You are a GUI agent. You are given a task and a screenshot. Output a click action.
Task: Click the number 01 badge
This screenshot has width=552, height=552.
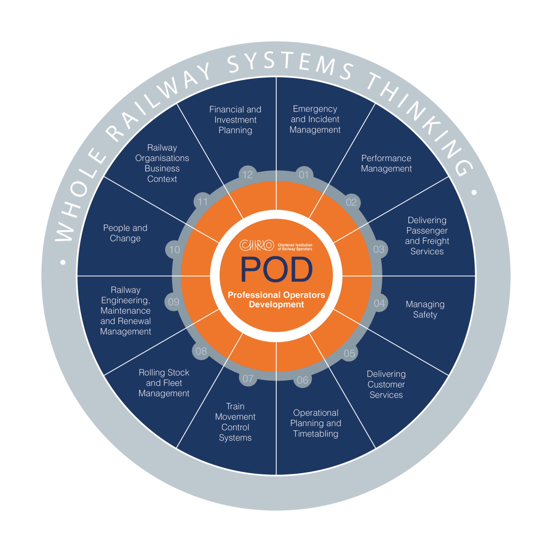[x=304, y=175]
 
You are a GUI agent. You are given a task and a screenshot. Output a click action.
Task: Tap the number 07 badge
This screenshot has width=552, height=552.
[x=248, y=378]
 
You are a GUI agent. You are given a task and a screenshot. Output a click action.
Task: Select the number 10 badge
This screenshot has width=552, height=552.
[x=174, y=249]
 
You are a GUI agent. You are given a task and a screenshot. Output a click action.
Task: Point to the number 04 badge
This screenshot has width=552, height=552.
[x=379, y=303]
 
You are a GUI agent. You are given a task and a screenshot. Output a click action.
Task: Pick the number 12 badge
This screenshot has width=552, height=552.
[x=248, y=175]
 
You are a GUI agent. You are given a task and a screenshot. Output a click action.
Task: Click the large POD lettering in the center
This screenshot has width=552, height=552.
[x=276, y=269]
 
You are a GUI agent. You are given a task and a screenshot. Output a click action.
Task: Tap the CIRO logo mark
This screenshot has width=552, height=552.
[x=257, y=245]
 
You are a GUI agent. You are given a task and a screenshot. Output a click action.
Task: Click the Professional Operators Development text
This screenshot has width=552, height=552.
[x=276, y=300]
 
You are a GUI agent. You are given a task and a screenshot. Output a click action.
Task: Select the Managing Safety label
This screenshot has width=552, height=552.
[x=425, y=309]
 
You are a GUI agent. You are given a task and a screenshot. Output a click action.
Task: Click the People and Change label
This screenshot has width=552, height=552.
[x=125, y=233]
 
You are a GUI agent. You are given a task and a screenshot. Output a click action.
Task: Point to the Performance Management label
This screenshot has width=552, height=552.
[x=386, y=164]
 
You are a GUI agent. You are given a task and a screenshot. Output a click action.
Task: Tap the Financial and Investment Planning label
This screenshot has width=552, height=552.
[x=235, y=120]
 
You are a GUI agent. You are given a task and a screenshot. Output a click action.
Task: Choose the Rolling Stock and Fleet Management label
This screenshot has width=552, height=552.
[x=164, y=383]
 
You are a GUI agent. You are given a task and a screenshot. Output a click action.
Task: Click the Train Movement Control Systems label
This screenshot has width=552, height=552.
[x=235, y=422]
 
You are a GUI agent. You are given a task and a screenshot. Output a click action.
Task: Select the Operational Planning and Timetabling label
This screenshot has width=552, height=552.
[x=316, y=423]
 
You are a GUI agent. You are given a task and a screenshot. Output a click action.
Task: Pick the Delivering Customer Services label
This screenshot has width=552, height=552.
[x=386, y=385]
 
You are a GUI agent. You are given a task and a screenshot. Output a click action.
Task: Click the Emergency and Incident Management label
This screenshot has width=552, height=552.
[x=315, y=119]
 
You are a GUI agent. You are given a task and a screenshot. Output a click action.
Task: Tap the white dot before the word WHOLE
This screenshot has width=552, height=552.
[x=63, y=262]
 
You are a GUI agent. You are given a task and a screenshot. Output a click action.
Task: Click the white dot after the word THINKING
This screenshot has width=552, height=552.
[x=474, y=193]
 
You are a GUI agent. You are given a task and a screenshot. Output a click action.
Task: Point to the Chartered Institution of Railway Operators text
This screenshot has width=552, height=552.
[x=295, y=247]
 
